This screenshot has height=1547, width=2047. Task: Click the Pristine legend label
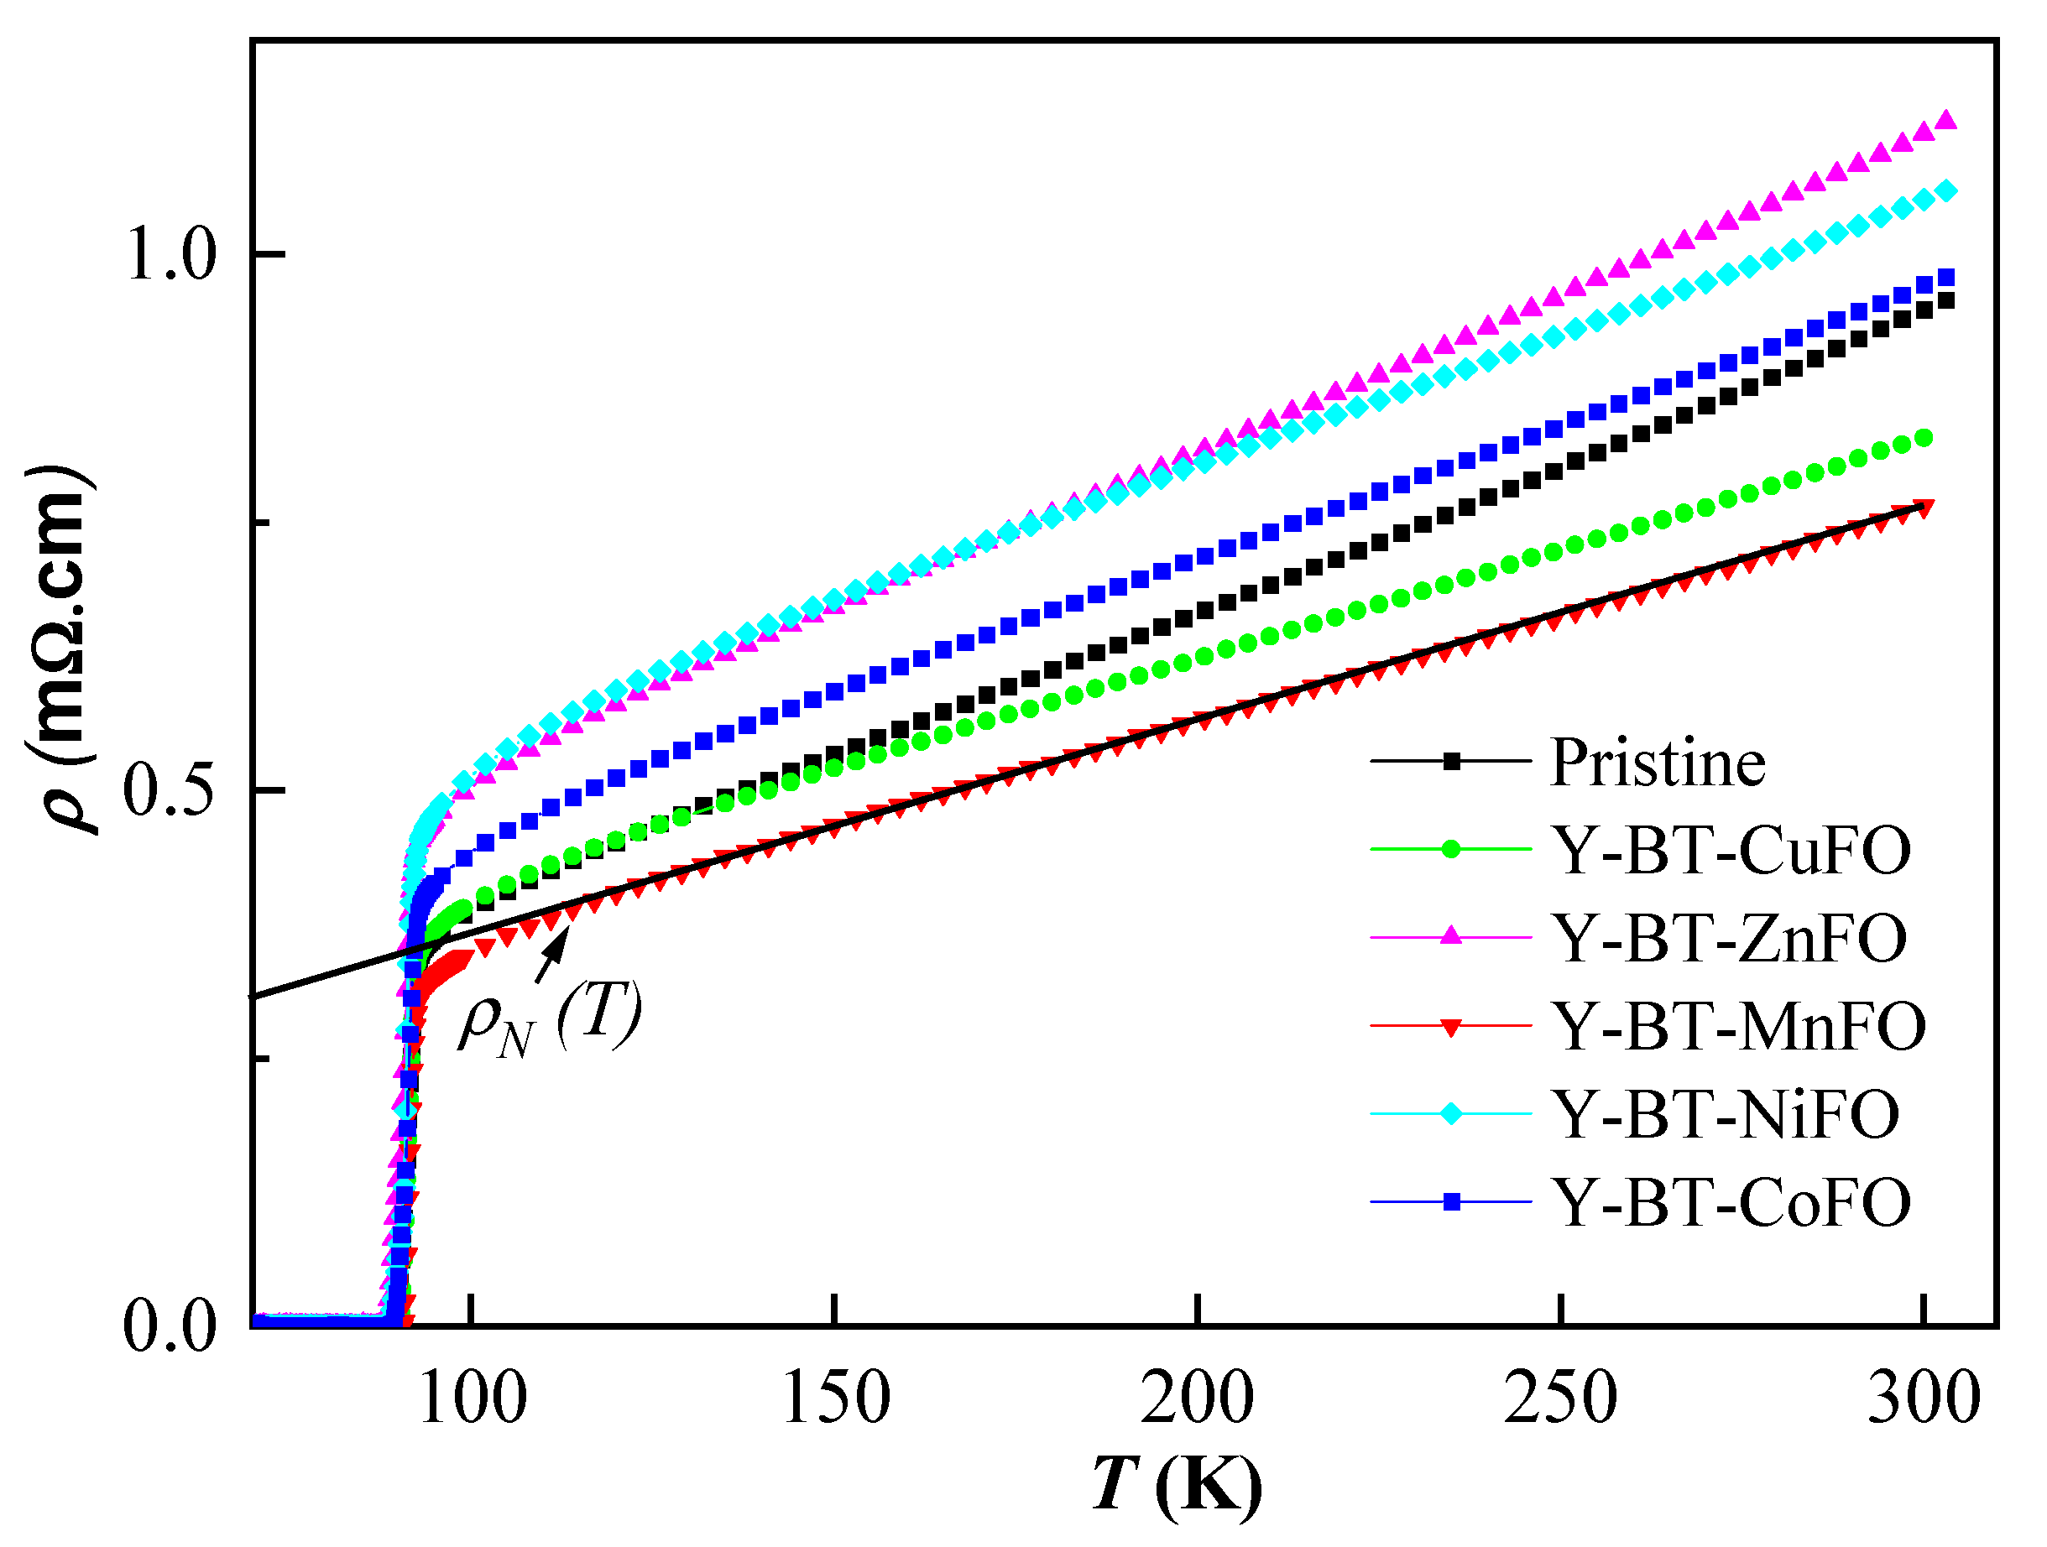[x=1657, y=764]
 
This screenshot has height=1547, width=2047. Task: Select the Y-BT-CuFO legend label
[x=1730, y=852]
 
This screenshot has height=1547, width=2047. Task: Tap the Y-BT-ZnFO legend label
[x=1728, y=939]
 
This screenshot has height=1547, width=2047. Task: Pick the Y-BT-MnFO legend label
[x=1738, y=1027]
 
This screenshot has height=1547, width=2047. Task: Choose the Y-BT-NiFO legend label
[x=1725, y=1115]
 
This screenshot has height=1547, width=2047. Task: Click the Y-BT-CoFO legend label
[x=1730, y=1203]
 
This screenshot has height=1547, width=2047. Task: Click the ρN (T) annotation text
[x=550, y=1018]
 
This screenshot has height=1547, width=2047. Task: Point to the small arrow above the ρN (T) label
[x=552, y=954]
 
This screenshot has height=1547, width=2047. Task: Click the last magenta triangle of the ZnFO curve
[x=1946, y=120]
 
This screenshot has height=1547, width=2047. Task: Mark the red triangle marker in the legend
[x=1451, y=1027]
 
